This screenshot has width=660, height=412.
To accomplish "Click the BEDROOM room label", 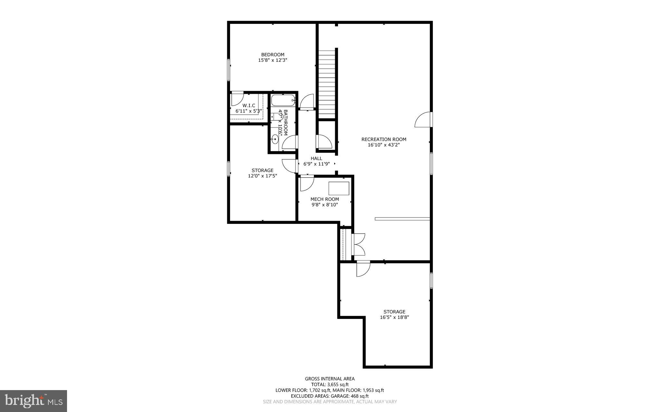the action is tap(273, 55).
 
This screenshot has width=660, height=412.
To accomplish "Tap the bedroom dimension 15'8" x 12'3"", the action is tap(273, 60).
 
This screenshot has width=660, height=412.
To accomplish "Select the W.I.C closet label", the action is tap(249, 106).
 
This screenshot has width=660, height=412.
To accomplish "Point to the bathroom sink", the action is tap(275, 139).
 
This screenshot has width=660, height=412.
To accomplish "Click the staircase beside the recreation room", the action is tap(327, 84).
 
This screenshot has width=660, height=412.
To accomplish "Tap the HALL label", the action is tap(316, 158).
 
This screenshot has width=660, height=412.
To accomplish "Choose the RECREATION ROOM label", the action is tap(384, 139).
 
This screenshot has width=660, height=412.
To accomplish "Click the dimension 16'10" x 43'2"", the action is tap(384, 145).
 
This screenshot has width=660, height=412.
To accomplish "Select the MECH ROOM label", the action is tap(325, 199).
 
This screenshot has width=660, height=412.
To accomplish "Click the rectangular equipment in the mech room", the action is tap(339, 188).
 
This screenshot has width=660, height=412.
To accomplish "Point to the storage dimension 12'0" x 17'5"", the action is tap(263, 176).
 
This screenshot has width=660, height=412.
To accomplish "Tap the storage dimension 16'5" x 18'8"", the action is tap(394, 317).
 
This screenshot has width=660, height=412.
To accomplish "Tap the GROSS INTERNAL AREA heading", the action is tap(330, 379).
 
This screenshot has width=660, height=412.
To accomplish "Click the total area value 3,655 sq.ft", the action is tap(338, 385).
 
